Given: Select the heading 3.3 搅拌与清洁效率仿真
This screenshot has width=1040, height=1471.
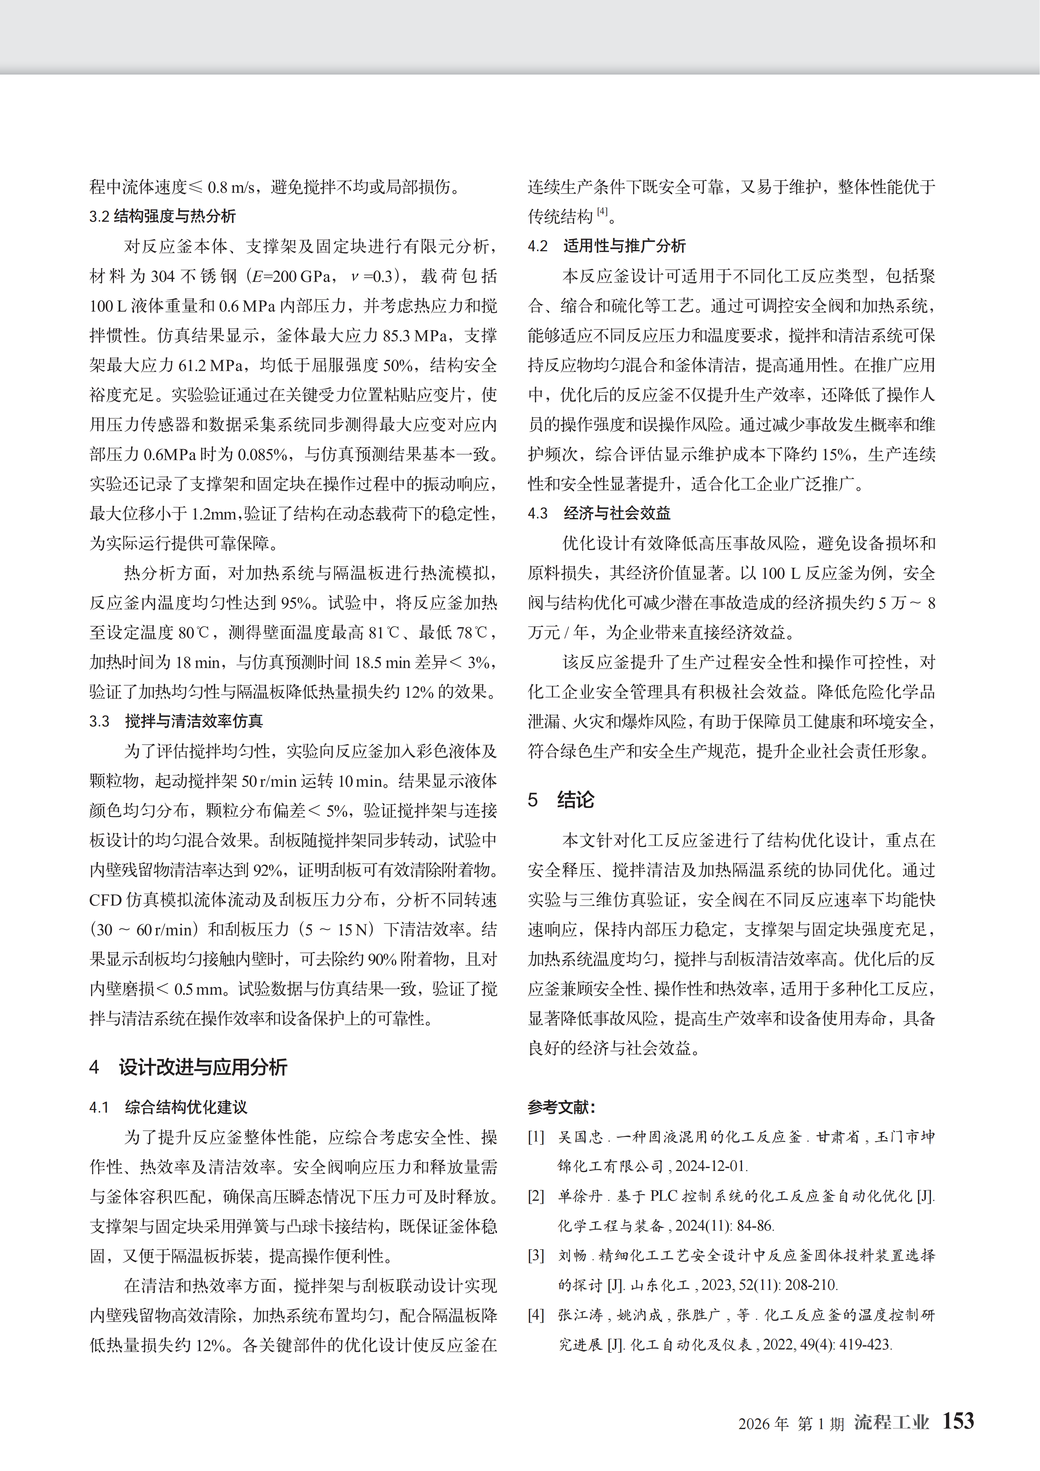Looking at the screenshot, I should tap(176, 721).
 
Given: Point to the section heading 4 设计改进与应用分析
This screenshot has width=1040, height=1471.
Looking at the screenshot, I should tap(188, 1067).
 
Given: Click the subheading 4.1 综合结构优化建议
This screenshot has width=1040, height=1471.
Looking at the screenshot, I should tap(168, 1107).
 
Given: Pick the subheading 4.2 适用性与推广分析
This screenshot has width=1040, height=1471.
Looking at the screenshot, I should tap(606, 246).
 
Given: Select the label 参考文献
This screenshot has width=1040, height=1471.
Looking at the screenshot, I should tap(561, 1107).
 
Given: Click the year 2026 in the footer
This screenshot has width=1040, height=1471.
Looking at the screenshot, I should tap(754, 1424).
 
